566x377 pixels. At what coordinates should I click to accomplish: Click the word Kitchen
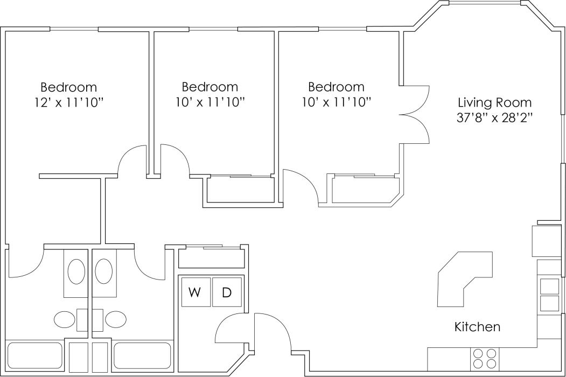coord(477,326)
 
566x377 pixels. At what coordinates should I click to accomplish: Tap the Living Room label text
coord(494,102)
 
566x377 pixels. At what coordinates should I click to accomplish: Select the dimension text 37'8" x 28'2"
coord(494,117)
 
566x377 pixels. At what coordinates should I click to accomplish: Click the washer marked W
coord(195,292)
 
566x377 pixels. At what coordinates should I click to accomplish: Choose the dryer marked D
coord(227,292)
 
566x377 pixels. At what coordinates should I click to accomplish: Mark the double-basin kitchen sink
coord(549,295)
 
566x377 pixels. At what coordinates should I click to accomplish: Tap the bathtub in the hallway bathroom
coord(142,355)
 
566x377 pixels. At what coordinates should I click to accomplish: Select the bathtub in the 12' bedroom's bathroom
coord(35,355)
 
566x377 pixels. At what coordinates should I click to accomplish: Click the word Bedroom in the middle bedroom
coord(209,87)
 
